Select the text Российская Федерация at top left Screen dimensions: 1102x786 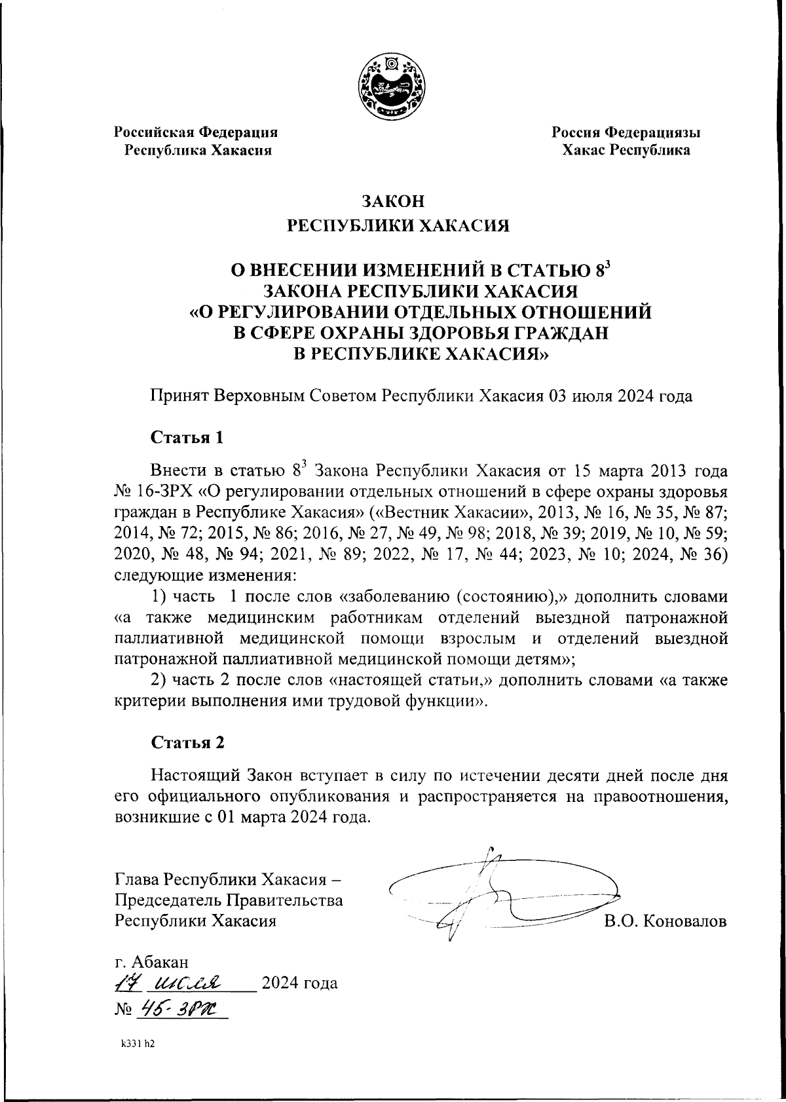[x=196, y=132]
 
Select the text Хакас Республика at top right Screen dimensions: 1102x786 [x=626, y=150]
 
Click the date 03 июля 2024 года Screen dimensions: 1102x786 [x=621, y=396]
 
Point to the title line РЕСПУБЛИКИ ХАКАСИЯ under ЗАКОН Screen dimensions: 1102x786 [x=399, y=226]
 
